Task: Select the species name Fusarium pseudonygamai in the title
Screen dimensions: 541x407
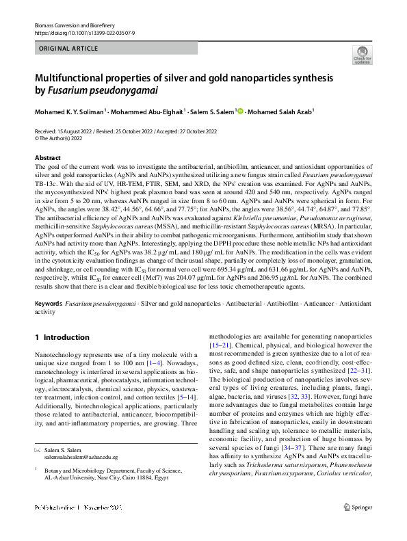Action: point(103,91)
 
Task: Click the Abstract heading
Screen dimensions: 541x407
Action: point(47,158)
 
